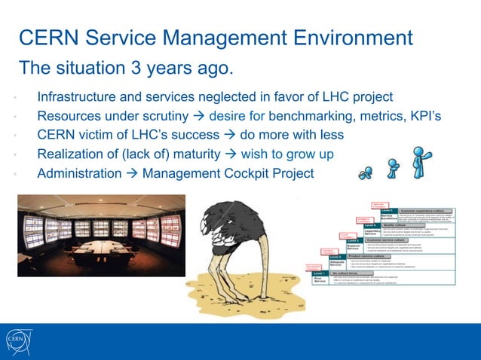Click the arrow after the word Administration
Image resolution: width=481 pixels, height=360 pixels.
(x=130, y=173)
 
